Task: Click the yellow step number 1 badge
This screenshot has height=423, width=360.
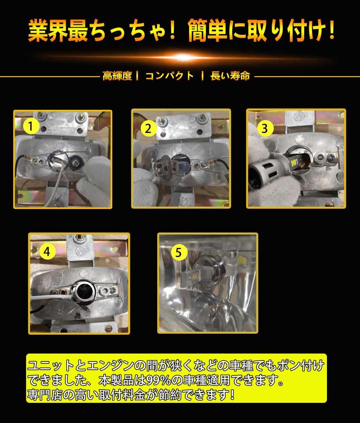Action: (31, 126)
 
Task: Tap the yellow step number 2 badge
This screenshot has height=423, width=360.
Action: (148, 128)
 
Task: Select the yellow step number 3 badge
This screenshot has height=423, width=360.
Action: (265, 128)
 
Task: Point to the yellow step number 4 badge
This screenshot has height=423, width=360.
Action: (47, 252)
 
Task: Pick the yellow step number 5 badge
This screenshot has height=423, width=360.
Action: (179, 253)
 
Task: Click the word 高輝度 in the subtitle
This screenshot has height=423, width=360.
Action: (117, 76)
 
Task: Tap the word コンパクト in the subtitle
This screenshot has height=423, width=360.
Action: (170, 76)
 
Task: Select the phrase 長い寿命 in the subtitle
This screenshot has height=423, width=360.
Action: (230, 76)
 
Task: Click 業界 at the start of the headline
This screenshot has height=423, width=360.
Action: (48, 31)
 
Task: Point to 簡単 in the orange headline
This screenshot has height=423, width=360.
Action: (208, 31)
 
